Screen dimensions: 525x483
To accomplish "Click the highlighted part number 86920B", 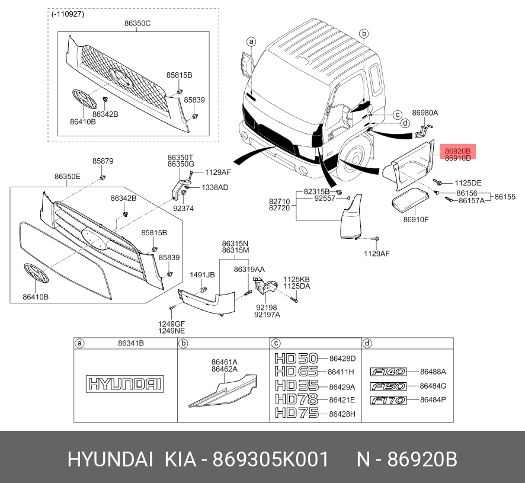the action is tap(458, 151).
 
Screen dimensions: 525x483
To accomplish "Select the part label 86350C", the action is tap(137, 24).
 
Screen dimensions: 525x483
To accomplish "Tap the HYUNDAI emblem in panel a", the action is tap(125, 384).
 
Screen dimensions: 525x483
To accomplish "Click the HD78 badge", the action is tap(296, 399).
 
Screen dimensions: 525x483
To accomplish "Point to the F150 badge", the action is tap(388, 386).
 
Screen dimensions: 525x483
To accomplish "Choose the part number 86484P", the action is tap(433, 400).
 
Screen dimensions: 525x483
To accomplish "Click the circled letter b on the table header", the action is tap(184, 343).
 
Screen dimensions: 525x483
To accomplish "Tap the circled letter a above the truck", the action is tap(251, 41).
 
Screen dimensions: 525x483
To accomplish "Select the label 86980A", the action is tap(425, 113).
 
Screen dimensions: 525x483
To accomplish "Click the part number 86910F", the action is tap(416, 220).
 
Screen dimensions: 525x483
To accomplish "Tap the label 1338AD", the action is tap(215, 187).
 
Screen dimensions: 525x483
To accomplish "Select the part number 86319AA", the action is tap(249, 269).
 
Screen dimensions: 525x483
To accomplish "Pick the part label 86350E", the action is tap(68, 177).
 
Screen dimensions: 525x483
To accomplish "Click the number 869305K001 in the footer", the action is tap(270, 460).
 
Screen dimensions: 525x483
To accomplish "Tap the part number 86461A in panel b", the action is tap(225, 362).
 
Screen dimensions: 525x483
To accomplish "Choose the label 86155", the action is tap(505, 196).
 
